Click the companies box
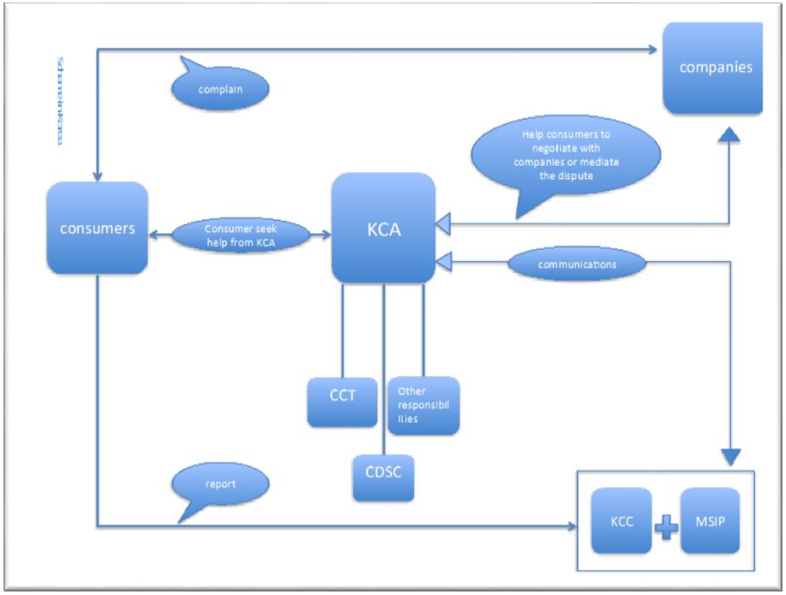[x=713, y=68]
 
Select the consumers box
[x=97, y=228]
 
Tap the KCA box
[x=384, y=228]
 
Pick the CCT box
[x=342, y=402]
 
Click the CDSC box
[x=384, y=477]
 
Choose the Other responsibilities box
[x=423, y=405]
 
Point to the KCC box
[x=621, y=521]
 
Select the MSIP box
[x=710, y=521]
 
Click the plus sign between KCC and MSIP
[x=666, y=527]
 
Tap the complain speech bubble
[x=220, y=89]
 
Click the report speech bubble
[x=220, y=484]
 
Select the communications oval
[x=577, y=264]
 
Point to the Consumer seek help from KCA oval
[x=241, y=235]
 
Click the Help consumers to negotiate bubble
[x=566, y=155]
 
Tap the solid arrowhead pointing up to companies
[x=729, y=135]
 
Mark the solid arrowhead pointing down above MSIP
[x=730, y=456]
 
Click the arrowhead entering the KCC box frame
[x=572, y=526]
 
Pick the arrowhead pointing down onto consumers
[x=97, y=176]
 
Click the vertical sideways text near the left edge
[x=59, y=101]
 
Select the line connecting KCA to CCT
[x=343, y=331]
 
